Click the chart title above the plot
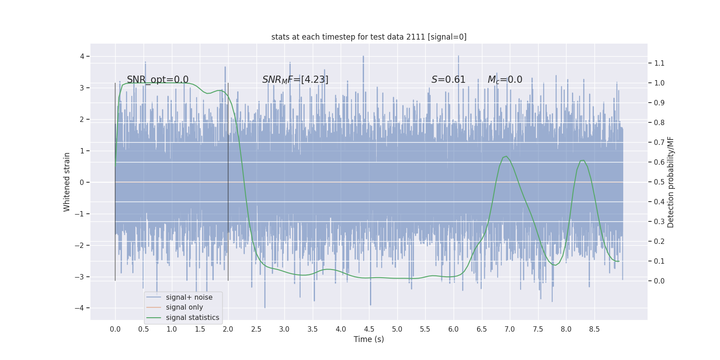[369, 37]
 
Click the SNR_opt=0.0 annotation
[157, 80]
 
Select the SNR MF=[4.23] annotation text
[295, 80]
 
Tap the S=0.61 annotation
[448, 80]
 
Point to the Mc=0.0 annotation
[505, 80]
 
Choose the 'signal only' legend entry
[184, 307]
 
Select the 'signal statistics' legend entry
[192, 318]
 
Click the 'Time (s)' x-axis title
[369, 339]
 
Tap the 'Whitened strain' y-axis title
[67, 182]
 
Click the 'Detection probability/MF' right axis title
[670, 182]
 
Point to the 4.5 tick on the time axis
[369, 329]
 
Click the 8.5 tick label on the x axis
[594, 329]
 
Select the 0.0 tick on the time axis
[115, 329]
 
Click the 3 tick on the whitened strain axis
[82, 88]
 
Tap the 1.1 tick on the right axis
[659, 63]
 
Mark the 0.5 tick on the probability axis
[659, 182]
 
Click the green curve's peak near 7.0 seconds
[506, 157]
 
